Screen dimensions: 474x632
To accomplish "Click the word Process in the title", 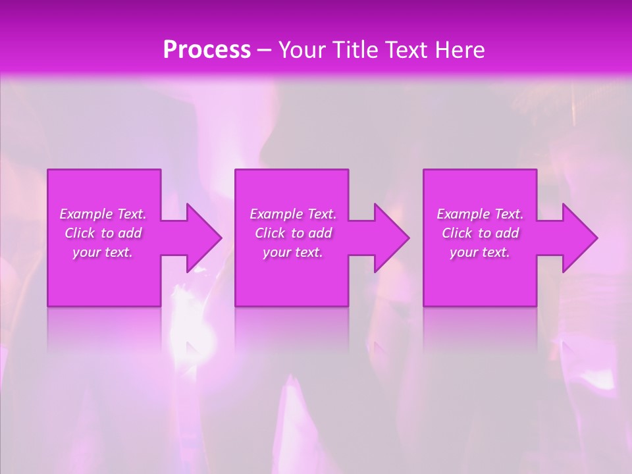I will (207, 50).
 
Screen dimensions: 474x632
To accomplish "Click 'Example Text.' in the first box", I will (103, 214).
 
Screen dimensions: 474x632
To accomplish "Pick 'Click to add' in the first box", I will (103, 233).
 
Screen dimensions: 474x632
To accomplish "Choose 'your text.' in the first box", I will (103, 252).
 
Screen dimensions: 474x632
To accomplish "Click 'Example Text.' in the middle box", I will (293, 214).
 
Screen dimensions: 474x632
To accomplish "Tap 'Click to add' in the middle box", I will (293, 233).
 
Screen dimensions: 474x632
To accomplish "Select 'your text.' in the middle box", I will (293, 252).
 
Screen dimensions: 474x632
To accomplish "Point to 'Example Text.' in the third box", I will (480, 214).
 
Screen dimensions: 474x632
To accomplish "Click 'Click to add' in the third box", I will (480, 233).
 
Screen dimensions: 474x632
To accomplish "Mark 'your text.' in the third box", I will (480, 252).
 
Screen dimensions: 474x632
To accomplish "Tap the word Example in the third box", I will (463, 214).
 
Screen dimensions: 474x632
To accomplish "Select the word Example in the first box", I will (86, 214).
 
